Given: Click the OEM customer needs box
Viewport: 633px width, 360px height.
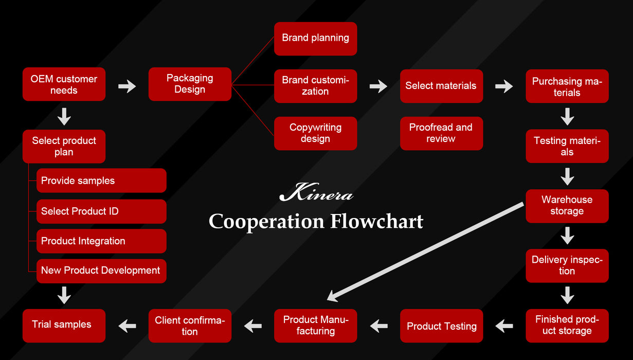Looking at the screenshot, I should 64,84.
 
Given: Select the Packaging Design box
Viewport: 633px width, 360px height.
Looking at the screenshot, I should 190,84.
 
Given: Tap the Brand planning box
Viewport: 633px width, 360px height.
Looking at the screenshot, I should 315,39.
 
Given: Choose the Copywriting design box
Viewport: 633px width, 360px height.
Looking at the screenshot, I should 315,133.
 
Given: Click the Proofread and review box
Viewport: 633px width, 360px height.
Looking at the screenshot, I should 441,133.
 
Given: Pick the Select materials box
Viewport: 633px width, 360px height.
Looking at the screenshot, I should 441,86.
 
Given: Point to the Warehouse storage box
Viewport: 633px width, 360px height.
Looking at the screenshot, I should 567,206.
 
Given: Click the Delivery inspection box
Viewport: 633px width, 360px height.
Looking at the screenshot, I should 567,265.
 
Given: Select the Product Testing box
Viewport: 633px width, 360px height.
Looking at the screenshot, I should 441,326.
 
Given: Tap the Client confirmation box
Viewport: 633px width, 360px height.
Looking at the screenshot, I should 190,326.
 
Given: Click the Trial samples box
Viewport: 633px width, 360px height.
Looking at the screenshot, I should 64,325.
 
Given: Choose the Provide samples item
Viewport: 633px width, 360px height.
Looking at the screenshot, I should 101,181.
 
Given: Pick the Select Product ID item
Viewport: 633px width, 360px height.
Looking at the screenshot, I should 101,211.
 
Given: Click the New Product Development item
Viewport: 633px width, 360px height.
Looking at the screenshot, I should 101,271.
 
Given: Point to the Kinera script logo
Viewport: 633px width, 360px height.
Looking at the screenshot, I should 316,194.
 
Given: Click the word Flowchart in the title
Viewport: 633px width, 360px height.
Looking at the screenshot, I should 376,222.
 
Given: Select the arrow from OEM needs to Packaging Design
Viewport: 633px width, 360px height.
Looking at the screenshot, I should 127,86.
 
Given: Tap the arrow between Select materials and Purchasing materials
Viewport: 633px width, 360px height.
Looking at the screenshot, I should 504,86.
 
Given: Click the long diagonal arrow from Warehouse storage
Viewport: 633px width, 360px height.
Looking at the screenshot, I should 425,251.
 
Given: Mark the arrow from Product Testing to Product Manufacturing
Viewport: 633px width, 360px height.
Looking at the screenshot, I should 379,326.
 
